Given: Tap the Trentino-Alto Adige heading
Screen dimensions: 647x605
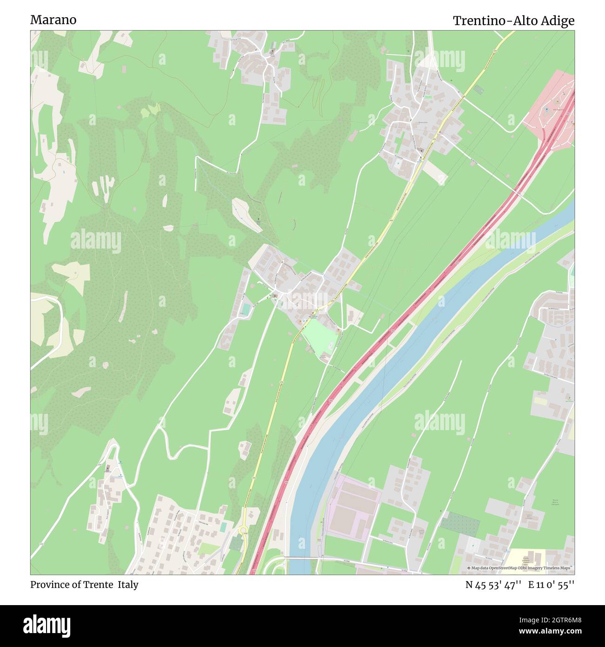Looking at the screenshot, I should tap(513, 21).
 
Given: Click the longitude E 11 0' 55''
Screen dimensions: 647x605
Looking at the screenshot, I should tap(551, 585).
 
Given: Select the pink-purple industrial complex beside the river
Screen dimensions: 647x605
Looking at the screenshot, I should tap(352, 505).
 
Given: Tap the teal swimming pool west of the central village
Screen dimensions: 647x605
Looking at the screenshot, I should tap(246, 309).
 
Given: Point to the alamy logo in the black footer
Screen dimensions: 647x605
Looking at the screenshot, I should tap(47, 625).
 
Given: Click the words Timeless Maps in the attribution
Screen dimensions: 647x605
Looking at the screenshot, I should tap(558, 568).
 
